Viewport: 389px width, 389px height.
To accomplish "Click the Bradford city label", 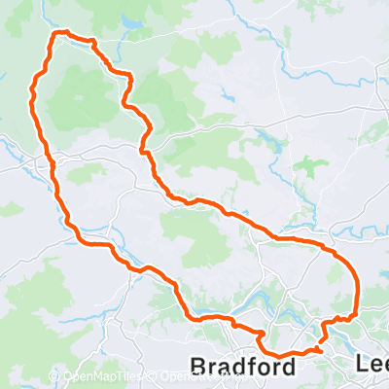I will click(242, 366).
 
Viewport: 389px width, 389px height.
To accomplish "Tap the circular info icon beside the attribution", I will click(13, 375).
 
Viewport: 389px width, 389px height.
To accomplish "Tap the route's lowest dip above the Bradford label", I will click(282, 354).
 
